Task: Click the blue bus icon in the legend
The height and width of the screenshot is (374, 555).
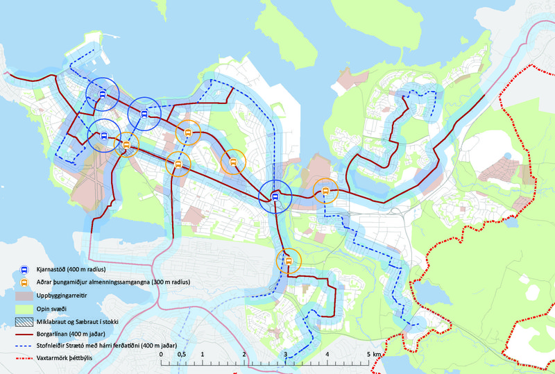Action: coord(23,269)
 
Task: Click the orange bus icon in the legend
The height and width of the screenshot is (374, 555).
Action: coord(23,282)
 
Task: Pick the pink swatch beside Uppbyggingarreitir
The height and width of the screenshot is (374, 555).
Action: coord(23,296)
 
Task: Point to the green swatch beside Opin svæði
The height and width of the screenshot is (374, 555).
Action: coord(23,309)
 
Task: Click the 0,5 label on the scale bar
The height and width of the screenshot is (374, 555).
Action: coord(181,355)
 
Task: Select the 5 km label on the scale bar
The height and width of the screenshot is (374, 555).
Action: coord(373,355)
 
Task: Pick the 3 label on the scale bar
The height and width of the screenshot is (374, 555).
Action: coord(285,355)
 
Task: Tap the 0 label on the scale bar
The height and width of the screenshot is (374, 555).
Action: coord(162,355)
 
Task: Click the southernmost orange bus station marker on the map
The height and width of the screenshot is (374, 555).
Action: coord(288,261)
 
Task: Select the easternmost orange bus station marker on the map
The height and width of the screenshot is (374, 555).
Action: coord(325,191)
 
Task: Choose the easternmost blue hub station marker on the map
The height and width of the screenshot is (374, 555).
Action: coord(275,197)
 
